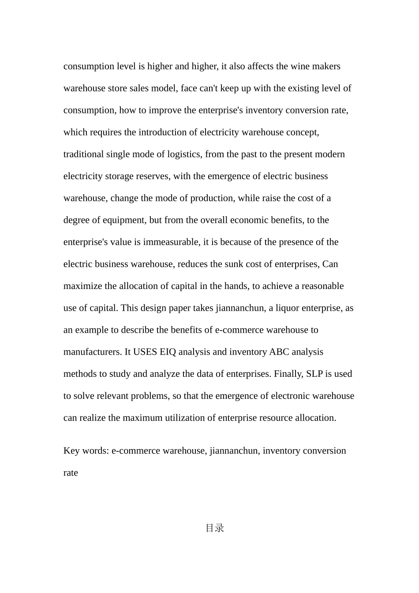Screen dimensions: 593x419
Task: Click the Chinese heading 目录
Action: pos(215,528)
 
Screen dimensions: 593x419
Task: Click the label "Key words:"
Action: pos(86,451)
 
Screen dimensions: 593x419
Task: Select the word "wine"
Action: pos(300,67)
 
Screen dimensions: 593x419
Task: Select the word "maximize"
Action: pos(83,286)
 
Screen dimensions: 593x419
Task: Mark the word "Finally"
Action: pos(288,374)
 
